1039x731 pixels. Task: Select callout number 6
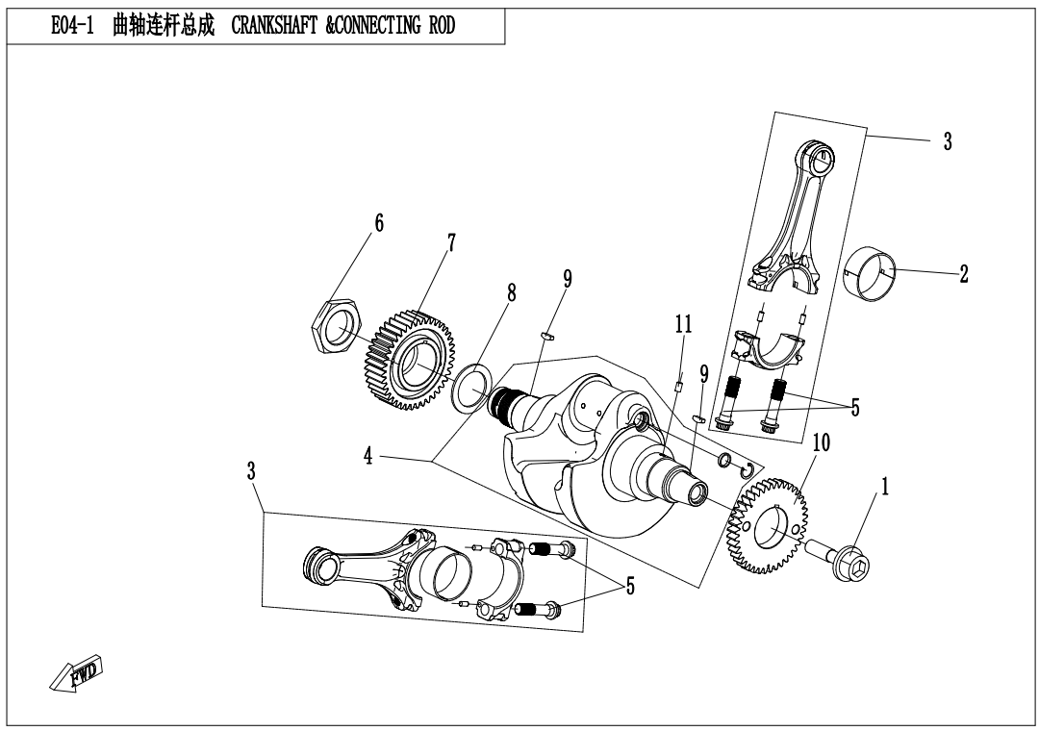click(379, 224)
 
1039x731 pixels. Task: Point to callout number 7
click(449, 242)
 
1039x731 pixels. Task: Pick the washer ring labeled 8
click(470, 388)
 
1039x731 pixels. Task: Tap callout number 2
click(963, 274)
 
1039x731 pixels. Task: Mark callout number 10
click(821, 443)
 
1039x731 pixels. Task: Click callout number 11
click(683, 324)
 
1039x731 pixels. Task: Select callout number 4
click(368, 457)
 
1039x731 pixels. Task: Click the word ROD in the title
click(439, 26)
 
